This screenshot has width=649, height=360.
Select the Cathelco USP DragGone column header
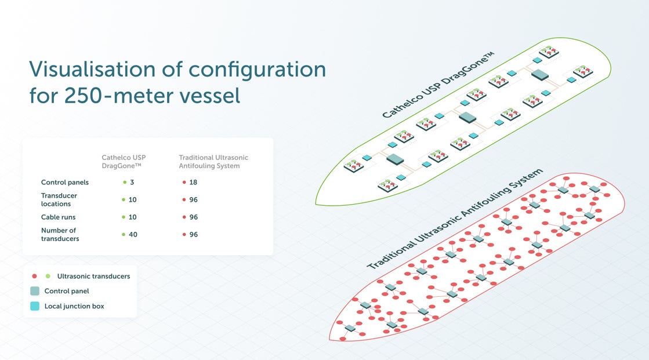124,162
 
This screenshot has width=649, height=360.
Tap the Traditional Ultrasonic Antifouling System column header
213,162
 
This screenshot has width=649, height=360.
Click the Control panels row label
65,182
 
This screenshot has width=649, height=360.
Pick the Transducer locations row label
59,199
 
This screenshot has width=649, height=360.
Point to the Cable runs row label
59,217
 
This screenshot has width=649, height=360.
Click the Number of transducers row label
59,234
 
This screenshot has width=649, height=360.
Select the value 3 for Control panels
132,182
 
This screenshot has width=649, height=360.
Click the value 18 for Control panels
193,182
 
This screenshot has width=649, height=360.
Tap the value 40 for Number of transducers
133,234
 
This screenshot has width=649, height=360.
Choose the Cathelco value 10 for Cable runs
133,217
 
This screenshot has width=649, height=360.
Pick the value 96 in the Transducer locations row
193,199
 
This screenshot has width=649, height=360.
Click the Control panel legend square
35,291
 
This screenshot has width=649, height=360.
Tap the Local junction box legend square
35,306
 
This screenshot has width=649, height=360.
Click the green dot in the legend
48,276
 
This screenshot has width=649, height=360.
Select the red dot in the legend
35,276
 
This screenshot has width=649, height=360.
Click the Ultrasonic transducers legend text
93,276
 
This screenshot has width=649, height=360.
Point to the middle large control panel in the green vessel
467,117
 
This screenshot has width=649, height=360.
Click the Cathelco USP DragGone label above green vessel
438,85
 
